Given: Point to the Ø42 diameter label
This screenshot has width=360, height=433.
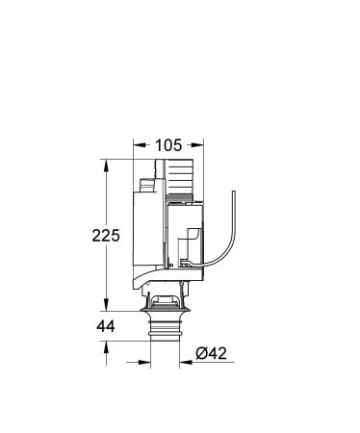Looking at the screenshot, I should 213,354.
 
